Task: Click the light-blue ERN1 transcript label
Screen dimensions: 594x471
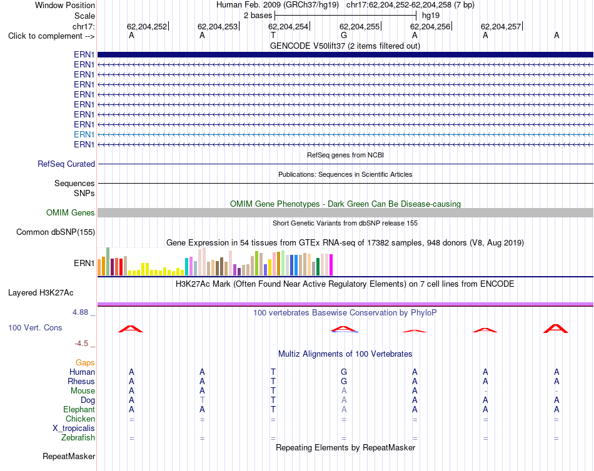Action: [x=84, y=134]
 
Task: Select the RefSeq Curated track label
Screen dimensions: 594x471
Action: [x=66, y=164]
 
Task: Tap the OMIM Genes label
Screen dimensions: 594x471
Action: [x=71, y=213]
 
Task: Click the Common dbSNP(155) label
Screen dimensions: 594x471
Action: [x=56, y=232]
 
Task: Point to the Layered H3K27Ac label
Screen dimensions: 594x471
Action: [x=41, y=293]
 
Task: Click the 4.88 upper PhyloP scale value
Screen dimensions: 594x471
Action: [x=80, y=312]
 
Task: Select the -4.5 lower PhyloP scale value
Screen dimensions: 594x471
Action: [x=81, y=344]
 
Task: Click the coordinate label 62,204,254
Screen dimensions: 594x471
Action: [x=288, y=26]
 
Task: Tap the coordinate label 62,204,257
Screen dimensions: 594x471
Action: [x=501, y=26]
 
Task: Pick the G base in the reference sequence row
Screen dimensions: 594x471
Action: [x=344, y=35]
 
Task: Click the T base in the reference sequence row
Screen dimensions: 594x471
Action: [x=273, y=35]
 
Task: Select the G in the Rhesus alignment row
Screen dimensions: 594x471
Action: [x=344, y=381]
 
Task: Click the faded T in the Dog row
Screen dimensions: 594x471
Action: [x=203, y=400]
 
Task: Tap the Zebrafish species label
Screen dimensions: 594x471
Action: [x=78, y=438]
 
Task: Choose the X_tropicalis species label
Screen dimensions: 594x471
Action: [x=74, y=429]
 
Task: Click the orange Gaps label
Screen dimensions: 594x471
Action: [x=85, y=363]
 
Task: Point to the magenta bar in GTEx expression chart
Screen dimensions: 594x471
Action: [x=331, y=265]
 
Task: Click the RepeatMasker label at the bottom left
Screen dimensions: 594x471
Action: [x=69, y=456]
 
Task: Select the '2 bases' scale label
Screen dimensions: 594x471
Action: [x=258, y=16]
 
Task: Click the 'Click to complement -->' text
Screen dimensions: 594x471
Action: [x=51, y=36]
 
